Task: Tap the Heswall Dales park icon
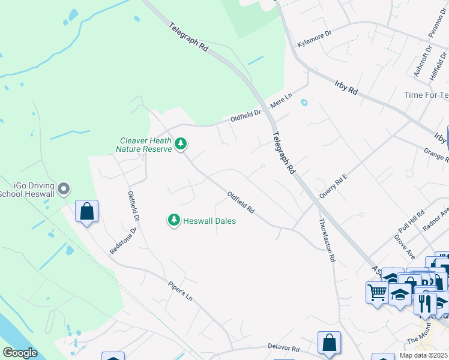click(174, 220)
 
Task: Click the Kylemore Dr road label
click(315, 36)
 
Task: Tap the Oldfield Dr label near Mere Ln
click(246, 115)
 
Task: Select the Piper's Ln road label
click(180, 289)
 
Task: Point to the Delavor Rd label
click(283, 348)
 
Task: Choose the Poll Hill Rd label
click(412, 223)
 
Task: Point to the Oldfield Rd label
click(241, 203)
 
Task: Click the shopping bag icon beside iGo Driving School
click(87, 211)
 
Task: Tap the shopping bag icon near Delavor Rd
click(329, 343)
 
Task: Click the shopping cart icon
click(377, 293)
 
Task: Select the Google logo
click(20, 353)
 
